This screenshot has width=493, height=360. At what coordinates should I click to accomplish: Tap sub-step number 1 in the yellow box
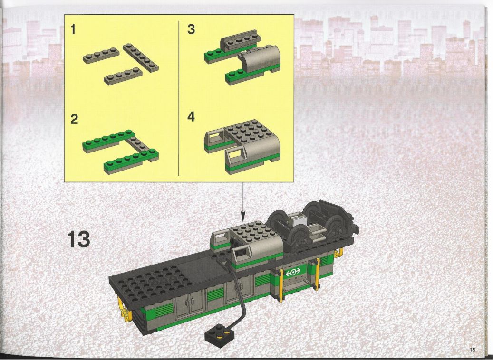73,29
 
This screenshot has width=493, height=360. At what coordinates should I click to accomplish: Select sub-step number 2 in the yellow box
74,119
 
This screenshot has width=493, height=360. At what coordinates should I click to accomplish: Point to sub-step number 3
191,29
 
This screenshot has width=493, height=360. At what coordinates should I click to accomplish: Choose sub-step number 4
191,117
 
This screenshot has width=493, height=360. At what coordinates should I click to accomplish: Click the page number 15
473,350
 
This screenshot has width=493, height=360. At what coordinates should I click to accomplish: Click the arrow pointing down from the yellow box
242,201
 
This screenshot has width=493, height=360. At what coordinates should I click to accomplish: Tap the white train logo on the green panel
293,272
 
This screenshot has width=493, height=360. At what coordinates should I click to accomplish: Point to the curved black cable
240,292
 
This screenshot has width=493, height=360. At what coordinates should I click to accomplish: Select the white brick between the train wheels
297,219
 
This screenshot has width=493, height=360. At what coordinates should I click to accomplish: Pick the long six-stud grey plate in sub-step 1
141,57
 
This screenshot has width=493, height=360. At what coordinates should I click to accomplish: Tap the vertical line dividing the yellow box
179,98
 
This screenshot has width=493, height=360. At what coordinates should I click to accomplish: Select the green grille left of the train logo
263,279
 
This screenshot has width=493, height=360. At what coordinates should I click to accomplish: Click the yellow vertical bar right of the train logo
318,273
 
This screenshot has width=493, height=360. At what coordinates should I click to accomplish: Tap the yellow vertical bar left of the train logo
281,285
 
